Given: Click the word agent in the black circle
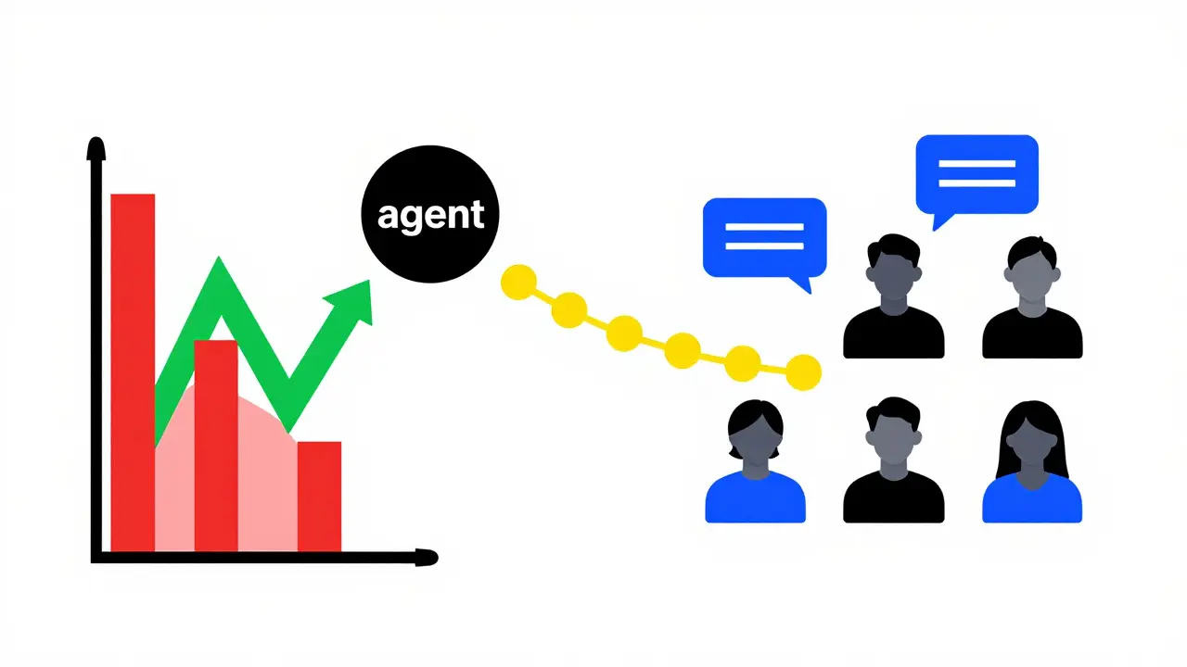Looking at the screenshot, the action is point(430,216).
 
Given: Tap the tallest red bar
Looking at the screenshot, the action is point(133,372).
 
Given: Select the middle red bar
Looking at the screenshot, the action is point(216,446).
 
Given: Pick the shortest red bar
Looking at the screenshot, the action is point(319,497).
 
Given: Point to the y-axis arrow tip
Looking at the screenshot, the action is point(96,139).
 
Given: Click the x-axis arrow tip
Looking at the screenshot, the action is point(436,558).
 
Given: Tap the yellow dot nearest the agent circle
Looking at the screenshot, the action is point(518,283).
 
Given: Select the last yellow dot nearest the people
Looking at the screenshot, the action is point(803,372).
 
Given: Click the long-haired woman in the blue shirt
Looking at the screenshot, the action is point(1032,461).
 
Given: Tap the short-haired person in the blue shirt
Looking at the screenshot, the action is point(755,461).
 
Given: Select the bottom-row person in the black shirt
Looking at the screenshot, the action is point(893,460).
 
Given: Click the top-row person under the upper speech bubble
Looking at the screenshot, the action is point(893,296).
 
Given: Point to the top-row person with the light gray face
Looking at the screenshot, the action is point(1032,297).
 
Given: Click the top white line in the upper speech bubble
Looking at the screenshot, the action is point(976,164).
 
